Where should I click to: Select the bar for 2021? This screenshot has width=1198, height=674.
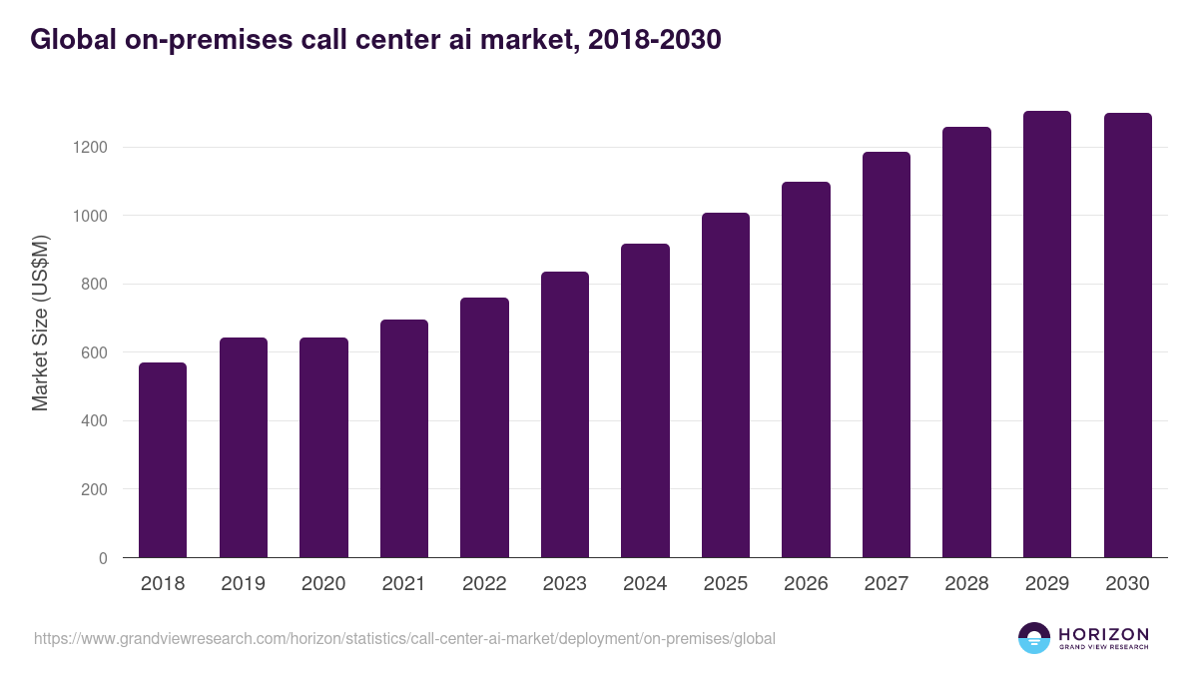coord(404,438)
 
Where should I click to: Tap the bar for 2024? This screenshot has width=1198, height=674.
coord(645,400)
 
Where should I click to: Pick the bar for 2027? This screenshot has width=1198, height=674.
coord(887,354)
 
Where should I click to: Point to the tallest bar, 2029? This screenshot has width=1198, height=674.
coord(1047,334)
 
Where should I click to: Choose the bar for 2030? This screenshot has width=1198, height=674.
coord(1127,335)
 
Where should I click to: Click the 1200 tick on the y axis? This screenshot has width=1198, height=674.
coord(89,148)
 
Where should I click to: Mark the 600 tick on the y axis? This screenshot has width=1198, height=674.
coord(94,352)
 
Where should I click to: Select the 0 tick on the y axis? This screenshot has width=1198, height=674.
coord(103,558)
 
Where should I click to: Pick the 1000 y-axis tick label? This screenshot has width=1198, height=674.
coord(89,216)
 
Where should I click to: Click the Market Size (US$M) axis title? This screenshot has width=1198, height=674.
coord(40,323)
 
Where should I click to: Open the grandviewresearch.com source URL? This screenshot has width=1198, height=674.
coord(404,638)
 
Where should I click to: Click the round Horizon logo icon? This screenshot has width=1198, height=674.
coord(1034,638)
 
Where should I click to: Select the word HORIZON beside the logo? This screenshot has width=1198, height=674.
coord(1104,634)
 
